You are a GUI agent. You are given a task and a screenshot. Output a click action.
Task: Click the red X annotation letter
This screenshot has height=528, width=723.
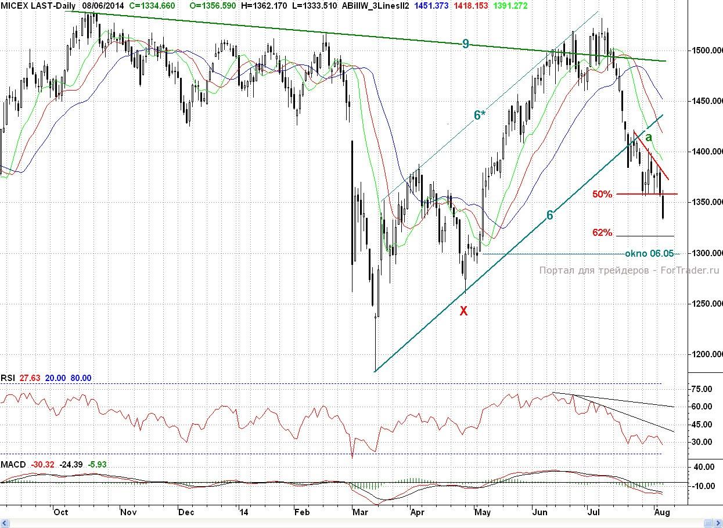[x=463, y=311]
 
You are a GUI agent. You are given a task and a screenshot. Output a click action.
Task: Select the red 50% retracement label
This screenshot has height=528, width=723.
[x=602, y=194]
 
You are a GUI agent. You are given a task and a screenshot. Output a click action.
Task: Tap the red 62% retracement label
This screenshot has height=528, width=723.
[x=602, y=232]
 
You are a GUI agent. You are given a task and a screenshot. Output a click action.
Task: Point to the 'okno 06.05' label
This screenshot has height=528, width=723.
[x=649, y=253]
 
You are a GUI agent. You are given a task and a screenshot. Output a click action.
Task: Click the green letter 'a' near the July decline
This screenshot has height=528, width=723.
[x=649, y=137]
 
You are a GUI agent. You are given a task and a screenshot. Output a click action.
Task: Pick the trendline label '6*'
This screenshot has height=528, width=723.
[x=479, y=115]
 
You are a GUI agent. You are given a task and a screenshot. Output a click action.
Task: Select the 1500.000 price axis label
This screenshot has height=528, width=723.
[x=706, y=51]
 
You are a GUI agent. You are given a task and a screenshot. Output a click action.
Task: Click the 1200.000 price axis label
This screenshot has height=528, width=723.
[x=706, y=354]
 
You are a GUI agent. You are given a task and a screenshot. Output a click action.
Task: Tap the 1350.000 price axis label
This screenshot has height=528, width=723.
[x=706, y=202]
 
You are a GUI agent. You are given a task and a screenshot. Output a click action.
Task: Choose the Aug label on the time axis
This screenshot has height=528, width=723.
[x=662, y=512]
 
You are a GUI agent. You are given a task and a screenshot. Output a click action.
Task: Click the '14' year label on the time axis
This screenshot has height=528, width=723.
[x=243, y=512]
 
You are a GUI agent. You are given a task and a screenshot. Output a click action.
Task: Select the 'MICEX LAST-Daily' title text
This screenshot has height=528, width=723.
[x=38, y=5]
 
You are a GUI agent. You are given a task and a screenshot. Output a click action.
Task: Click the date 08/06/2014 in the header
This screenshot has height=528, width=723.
[x=103, y=5]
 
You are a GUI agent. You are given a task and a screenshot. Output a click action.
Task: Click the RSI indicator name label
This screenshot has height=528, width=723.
[x=8, y=378]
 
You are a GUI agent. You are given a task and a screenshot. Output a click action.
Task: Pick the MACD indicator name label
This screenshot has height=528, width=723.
[x=13, y=465]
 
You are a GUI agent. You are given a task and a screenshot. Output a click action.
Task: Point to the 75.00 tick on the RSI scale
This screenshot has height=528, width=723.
[x=700, y=389]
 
